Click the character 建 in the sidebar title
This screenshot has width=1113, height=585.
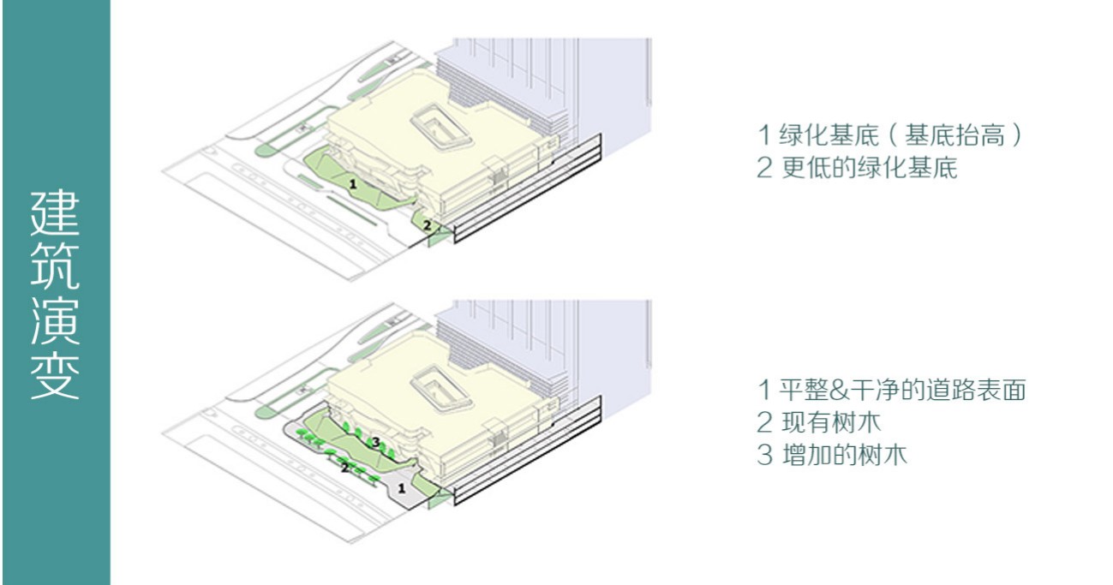pos(56,213)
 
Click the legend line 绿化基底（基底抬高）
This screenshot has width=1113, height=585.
pos(890,135)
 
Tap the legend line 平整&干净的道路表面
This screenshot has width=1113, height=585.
pos(891,391)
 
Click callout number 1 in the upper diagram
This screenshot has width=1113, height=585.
pos(352,182)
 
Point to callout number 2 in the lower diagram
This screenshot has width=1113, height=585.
pos(344,468)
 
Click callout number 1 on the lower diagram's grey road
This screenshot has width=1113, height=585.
pos(402,487)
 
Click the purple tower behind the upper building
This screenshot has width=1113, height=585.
pos(548,77)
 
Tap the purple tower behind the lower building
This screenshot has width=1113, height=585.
pos(548,338)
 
